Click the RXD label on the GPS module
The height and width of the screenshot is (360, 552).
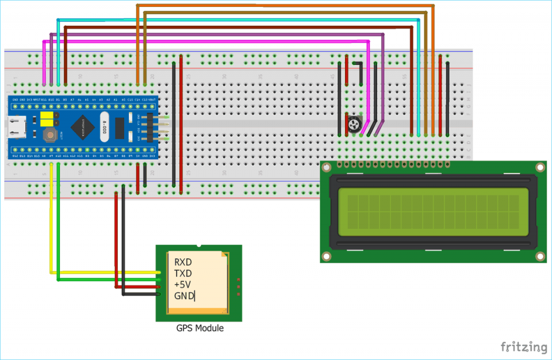183,262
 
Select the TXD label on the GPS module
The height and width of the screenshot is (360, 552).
183,273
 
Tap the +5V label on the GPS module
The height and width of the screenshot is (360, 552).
182,285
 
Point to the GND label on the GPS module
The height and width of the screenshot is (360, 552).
183,296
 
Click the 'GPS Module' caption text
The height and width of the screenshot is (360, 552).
200,328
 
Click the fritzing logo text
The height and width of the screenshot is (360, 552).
523,347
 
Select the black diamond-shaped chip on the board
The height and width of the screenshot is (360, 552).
84,127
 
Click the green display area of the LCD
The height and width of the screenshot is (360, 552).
434,212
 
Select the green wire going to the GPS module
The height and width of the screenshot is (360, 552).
59,242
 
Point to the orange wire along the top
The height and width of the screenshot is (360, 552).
287,6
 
